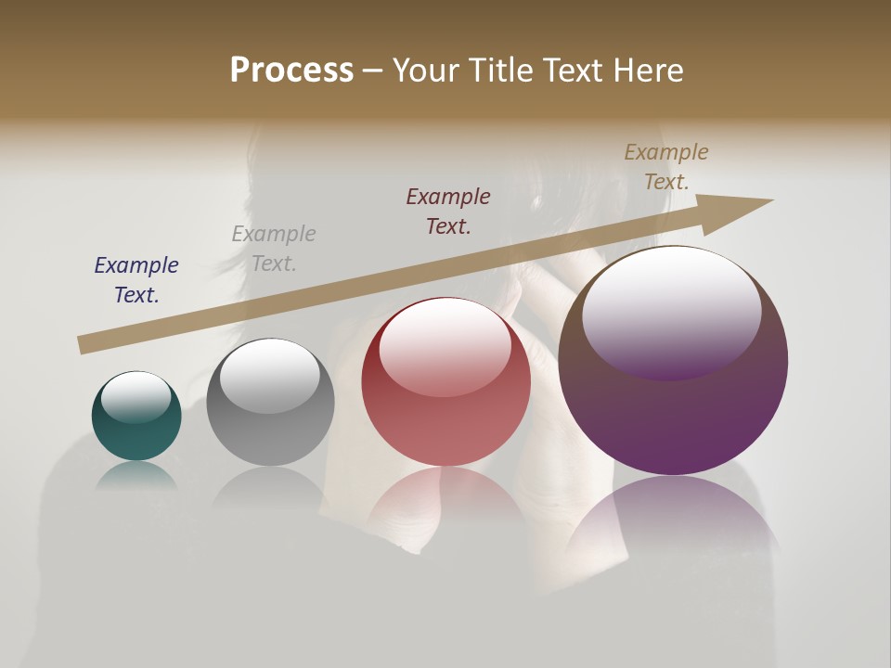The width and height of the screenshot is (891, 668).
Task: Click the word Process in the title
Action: (x=291, y=70)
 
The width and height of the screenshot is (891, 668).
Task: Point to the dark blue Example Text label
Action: (x=136, y=280)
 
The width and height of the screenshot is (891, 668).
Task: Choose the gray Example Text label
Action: (x=274, y=249)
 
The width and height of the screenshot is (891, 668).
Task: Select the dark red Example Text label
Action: (x=448, y=212)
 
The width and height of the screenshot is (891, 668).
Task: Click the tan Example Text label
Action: (x=666, y=167)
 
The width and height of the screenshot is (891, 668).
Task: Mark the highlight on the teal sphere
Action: (x=136, y=397)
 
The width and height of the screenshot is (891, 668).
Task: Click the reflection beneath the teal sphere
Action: (x=136, y=475)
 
